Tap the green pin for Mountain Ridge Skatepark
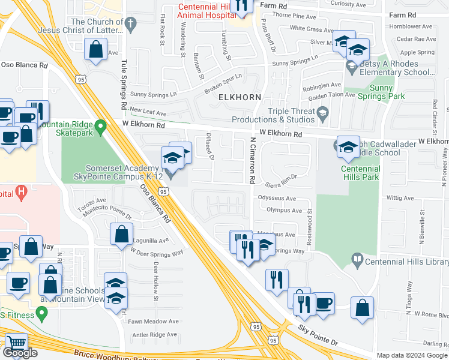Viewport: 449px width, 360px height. pyautogui.click(x=101, y=127)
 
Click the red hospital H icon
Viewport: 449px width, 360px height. pyautogui.click(x=21, y=193)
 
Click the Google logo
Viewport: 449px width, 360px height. pyautogui.click(x=20, y=353)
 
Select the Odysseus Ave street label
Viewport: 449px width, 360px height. pyautogui.click(x=277, y=198)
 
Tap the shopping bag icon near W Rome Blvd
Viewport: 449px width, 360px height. pyautogui.click(x=362, y=309)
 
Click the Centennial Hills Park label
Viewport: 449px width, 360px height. pyautogui.click(x=361, y=173)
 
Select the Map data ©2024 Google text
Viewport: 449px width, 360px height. pyautogui.click(x=412, y=355)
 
